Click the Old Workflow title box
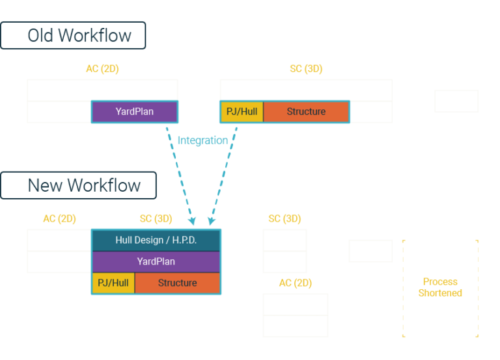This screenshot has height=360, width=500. pyautogui.click(x=73, y=35)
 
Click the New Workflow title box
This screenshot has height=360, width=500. pyautogui.click(x=78, y=185)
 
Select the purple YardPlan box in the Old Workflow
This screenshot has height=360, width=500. pyautogui.click(x=135, y=112)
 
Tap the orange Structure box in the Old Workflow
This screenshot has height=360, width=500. pyautogui.click(x=306, y=112)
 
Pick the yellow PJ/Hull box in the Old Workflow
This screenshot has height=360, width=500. pyautogui.click(x=242, y=112)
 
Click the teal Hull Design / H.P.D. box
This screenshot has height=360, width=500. pyautogui.click(x=156, y=240)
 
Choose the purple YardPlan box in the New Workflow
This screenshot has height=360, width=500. pyautogui.click(x=156, y=261)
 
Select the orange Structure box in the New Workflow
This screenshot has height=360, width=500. pyautogui.click(x=177, y=283)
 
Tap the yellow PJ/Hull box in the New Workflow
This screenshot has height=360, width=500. pyautogui.click(x=113, y=283)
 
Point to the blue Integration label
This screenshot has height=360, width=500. pyautogui.click(x=202, y=140)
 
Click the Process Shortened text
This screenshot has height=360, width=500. pyautogui.click(x=440, y=287)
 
